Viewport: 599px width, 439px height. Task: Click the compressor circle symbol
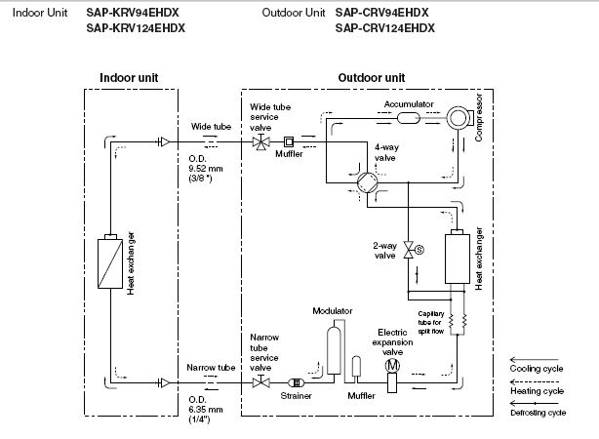(458, 118)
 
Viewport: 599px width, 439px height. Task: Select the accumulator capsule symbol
(409, 118)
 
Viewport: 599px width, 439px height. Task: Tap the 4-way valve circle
(368, 182)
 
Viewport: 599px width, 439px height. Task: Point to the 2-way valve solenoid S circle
(419, 250)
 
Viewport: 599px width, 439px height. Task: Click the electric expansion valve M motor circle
(392, 366)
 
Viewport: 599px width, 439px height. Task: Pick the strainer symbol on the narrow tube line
(296, 382)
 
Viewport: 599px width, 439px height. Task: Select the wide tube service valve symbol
(260, 142)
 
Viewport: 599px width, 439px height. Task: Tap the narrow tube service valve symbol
(260, 381)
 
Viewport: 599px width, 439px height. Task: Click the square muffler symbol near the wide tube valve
(289, 142)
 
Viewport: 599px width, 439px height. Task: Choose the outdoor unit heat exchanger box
(458, 257)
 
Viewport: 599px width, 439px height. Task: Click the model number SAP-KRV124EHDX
(136, 28)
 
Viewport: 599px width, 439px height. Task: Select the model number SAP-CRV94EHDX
(382, 13)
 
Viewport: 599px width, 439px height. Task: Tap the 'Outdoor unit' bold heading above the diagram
(372, 78)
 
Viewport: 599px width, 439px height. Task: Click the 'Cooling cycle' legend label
(537, 369)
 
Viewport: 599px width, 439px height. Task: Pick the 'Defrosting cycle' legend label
(539, 413)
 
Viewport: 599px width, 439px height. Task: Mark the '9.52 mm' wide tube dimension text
(206, 169)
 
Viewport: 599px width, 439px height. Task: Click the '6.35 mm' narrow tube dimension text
(206, 410)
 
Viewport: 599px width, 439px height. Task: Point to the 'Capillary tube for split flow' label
(431, 323)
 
